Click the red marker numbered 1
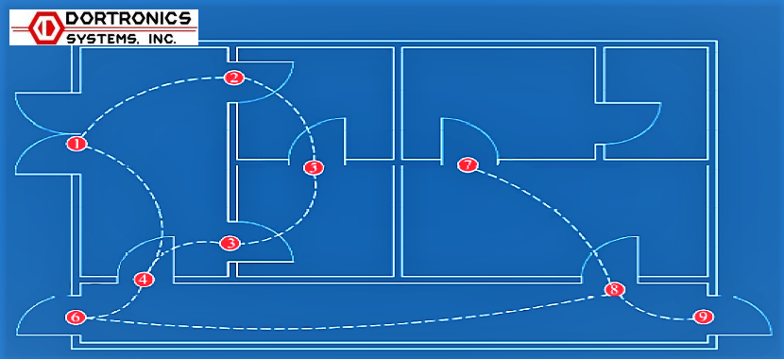(x=77, y=145)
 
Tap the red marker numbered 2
(x=234, y=77)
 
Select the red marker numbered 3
(x=230, y=244)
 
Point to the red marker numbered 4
(x=143, y=280)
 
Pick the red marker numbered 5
(x=313, y=167)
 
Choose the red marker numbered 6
(x=76, y=317)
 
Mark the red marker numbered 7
(x=468, y=164)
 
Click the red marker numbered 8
(x=615, y=289)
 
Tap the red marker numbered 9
(x=702, y=317)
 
